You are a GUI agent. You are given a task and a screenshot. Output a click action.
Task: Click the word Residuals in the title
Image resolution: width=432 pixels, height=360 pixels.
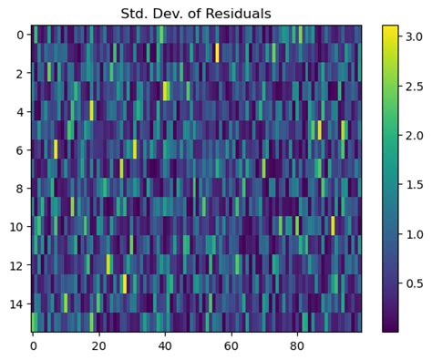[240, 14]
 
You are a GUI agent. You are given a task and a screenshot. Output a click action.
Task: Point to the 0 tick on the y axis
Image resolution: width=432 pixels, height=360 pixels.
[20, 35]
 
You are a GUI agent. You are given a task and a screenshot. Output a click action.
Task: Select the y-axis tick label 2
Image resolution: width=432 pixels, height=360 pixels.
[20, 73]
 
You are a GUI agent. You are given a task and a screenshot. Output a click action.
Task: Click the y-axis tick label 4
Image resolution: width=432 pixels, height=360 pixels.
[20, 111]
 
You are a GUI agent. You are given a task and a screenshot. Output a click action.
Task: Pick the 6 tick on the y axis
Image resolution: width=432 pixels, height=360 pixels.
[20, 149]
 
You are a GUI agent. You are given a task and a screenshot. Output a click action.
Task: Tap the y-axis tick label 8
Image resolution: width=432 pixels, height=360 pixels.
[20, 188]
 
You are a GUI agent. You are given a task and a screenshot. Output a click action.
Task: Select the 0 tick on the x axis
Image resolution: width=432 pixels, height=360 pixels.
[34, 346]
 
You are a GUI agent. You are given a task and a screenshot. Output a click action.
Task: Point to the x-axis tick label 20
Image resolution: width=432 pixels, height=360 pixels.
[99, 346]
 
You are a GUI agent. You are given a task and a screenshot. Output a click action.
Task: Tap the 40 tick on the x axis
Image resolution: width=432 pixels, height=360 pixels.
[165, 346]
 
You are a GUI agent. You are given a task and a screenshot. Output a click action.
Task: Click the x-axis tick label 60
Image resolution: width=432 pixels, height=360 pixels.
[231, 346]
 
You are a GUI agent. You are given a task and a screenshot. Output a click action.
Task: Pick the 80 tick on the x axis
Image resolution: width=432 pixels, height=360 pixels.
[297, 346]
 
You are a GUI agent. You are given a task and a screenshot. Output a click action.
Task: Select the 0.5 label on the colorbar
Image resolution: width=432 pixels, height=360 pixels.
[415, 283]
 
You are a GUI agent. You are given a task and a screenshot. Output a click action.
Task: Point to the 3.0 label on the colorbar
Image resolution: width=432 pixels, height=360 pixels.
[415, 36]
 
